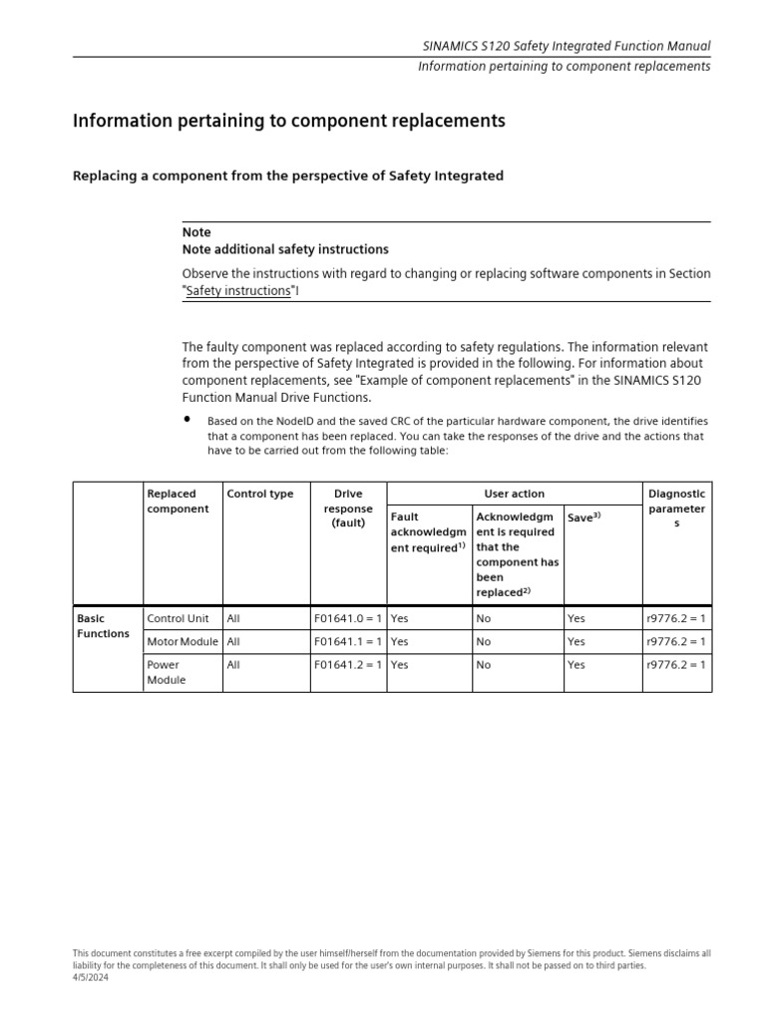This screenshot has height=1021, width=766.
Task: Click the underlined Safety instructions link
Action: [238, 290]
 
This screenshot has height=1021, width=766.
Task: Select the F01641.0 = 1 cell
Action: [348, 618]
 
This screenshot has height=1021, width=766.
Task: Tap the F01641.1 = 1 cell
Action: [348, 642]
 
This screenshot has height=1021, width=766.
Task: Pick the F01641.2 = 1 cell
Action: [348, 665]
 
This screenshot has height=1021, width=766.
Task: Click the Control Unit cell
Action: [179, 618]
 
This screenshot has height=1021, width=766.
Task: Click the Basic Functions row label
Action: [103, 626]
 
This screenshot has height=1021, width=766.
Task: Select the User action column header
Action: [514, 494]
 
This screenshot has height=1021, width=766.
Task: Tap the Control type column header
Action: [260, 494]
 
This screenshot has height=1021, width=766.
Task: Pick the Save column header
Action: [584, 517]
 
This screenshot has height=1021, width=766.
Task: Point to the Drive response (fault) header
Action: [348, 508]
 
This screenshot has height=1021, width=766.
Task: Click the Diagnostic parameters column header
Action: [676, 509]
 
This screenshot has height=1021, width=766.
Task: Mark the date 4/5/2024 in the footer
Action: [91, 978]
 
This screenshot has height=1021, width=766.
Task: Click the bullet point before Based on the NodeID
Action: [187, 419]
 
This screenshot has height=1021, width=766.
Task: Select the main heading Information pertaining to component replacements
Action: [289, 121]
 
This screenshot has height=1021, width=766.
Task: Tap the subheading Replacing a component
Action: [288, 175]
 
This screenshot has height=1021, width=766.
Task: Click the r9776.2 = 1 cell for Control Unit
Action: [676, 618]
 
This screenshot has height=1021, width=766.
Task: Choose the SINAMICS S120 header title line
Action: [566, 46]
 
